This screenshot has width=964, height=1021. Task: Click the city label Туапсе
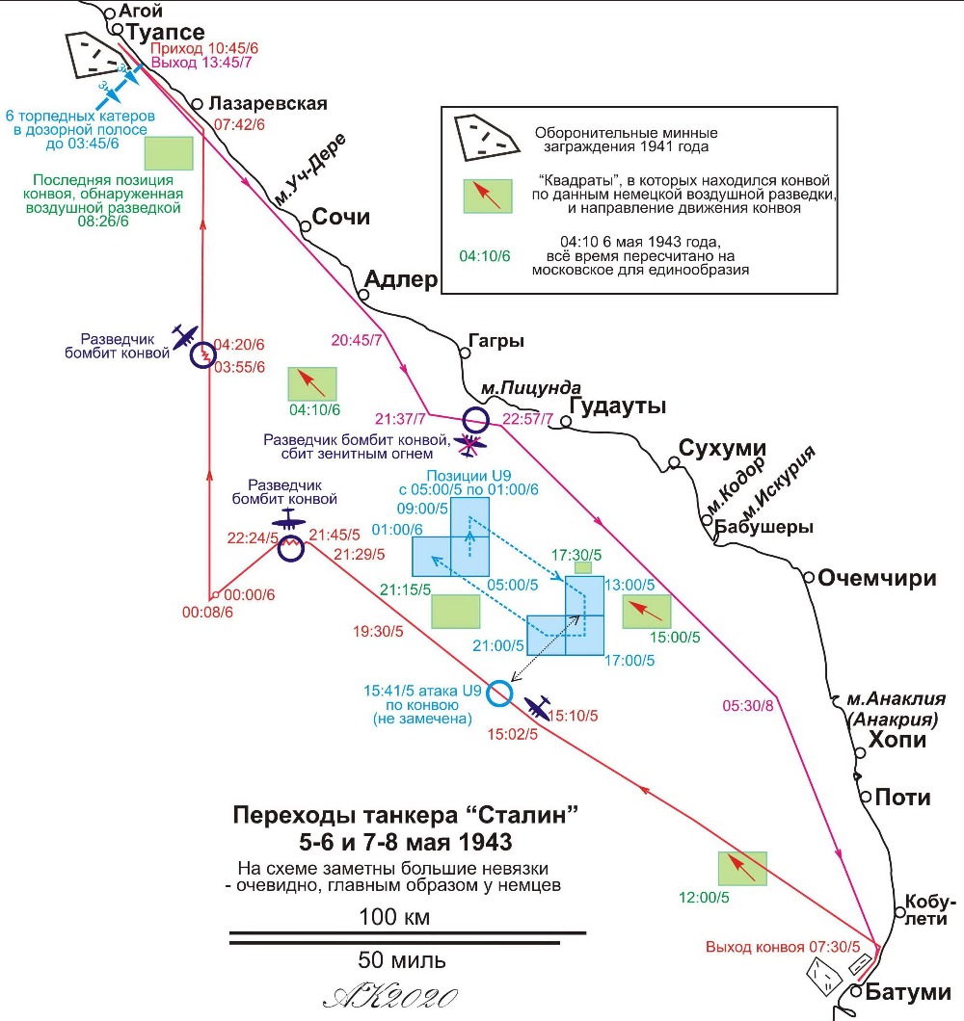(165, 32)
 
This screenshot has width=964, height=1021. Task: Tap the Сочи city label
(341, 216)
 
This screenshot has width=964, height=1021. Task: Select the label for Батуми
(907, 992)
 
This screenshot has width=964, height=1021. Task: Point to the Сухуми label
(722, 448)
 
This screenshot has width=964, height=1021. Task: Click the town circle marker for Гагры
(465, 353)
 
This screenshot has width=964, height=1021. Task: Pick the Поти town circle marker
(866, 797)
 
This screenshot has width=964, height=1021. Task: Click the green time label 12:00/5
(704, 898)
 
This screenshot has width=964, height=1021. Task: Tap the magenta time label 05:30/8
(748, 706)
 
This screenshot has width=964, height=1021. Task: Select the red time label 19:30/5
(378, 631)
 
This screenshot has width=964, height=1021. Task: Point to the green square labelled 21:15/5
(456, 612)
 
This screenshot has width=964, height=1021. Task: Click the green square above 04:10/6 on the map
(312, 383)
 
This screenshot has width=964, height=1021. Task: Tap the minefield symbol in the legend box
(486, 138)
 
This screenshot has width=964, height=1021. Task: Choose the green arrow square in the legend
(488, 196)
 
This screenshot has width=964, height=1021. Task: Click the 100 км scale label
(394, 917)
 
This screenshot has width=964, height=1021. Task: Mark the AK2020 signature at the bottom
(389, 997)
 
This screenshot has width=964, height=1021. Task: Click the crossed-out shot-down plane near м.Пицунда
(469, 445)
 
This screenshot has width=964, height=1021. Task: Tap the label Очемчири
(876, 578)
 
